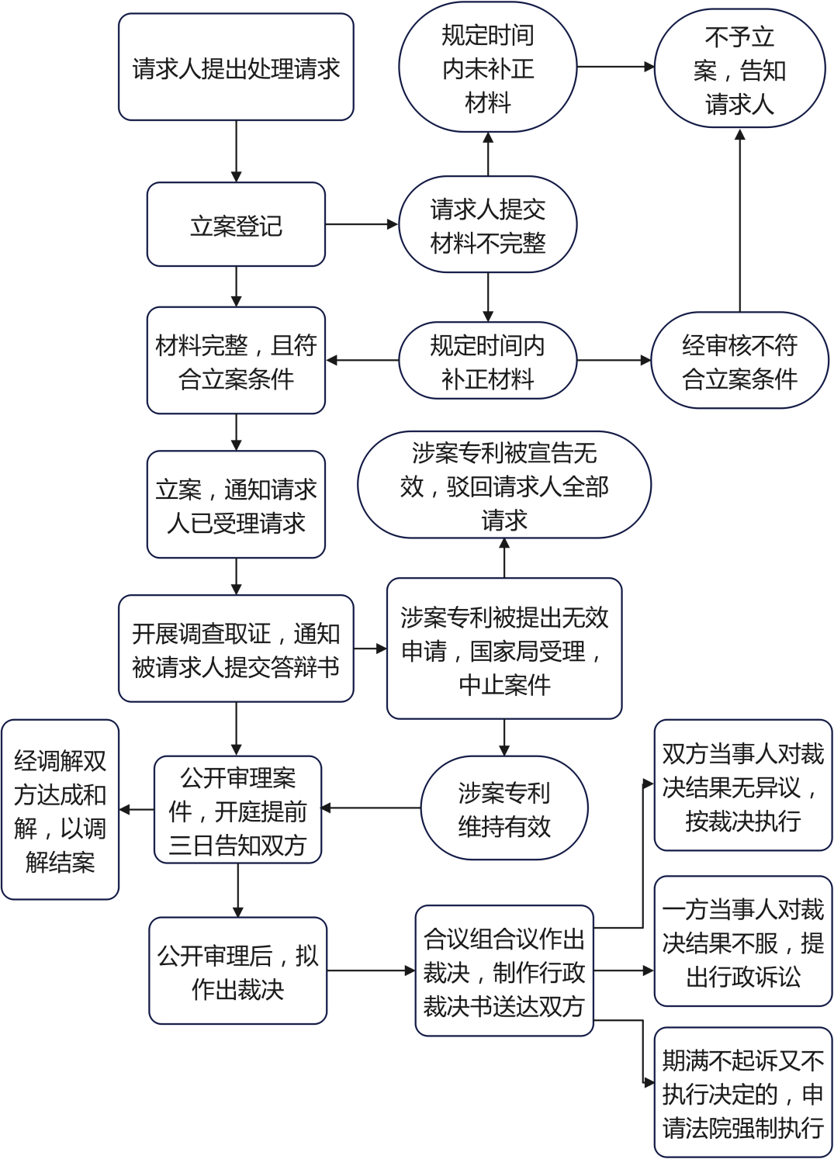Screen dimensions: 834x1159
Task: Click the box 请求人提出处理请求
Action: pyautogui.click(x=236, y=67)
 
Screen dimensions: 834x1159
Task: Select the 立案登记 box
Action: pyautogui.click(x=236, y=224)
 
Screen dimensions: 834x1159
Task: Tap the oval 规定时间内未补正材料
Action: pyautogui.click(x=487, y=67)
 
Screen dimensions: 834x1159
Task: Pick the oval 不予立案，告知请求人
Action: pyautogui.click(x=740, y=67)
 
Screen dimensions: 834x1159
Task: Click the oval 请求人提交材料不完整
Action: pyautogui.click(x=487, y=224)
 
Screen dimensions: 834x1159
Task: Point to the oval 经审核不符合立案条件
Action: pyautogui.click(x=740, y=360)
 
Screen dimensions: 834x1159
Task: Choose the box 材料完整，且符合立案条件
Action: pyautogui.click(x=236, y=360)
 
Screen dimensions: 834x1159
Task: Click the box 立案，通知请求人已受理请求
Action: pyautogui.click(x=236, y=504)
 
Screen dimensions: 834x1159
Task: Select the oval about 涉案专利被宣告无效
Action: pyautogui.click(x=504, y=484)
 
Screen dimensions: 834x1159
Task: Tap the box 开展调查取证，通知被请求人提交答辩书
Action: pyautogui.click(x=236, y=649)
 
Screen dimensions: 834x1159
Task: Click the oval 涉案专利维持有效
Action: pyautogui.click(x=504, y=808)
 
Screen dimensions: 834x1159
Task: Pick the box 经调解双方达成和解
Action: pyautogui.click(x=60, y=809)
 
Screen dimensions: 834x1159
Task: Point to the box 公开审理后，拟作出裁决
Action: pyautogui.click(x=238, y=970)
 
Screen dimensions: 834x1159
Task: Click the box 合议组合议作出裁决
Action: pyautogui.click(x=504, y=970)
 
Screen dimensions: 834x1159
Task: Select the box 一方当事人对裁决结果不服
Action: pyautogui.click(x=743, y=941)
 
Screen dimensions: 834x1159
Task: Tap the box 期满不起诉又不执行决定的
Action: pyautogui.click(x=743, y=1092)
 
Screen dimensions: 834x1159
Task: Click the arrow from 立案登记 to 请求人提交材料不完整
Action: pyautogui.click(x=362, y=224)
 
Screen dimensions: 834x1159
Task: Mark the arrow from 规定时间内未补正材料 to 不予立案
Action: pyautogui.click(x=616, y=67)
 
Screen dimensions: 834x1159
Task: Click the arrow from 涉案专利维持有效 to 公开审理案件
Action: pyautogui.click(x=371, y=808)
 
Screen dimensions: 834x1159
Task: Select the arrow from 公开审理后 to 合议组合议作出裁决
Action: pyautogui.click(x=371, y=970)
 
